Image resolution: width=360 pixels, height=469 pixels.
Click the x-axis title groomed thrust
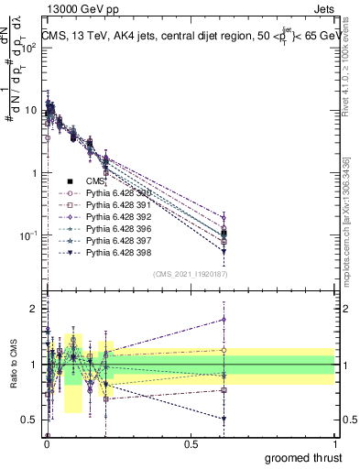(305, 456)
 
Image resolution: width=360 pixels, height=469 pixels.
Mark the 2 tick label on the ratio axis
(34, 309)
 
